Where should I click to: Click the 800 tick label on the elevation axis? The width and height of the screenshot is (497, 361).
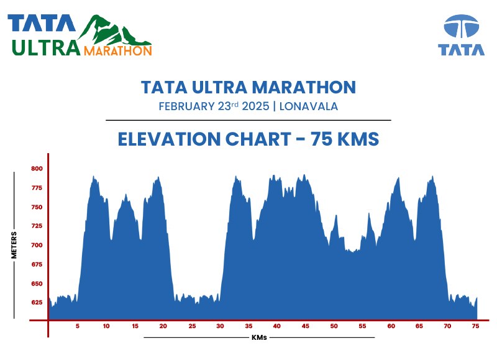coord(37,169)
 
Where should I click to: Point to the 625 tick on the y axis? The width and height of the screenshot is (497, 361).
coord(37,302)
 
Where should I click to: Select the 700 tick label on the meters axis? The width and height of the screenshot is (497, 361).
coord(37,245)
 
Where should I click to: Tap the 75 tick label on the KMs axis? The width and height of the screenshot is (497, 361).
coord(475,326)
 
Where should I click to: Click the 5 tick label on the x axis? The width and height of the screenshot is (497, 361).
coord(78,326)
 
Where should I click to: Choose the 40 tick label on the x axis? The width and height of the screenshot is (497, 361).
coord(276,326)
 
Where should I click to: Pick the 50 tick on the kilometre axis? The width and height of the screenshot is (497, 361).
coord(334,326)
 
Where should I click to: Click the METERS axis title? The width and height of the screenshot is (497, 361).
coord(14,245)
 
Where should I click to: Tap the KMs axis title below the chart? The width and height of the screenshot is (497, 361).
coord(260,337)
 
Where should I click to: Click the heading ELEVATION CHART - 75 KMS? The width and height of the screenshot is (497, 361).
coord(248,139)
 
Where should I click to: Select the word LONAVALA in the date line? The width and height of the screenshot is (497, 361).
coord(309,106)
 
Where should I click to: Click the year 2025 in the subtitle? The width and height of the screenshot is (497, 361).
coord(255,106)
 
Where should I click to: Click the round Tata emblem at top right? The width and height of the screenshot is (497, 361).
coord(461,27)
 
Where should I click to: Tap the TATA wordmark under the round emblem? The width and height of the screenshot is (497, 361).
coord(461,50)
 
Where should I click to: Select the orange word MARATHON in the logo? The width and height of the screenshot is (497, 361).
coord(117,50)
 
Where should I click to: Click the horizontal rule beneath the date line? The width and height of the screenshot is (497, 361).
coord(248,120)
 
